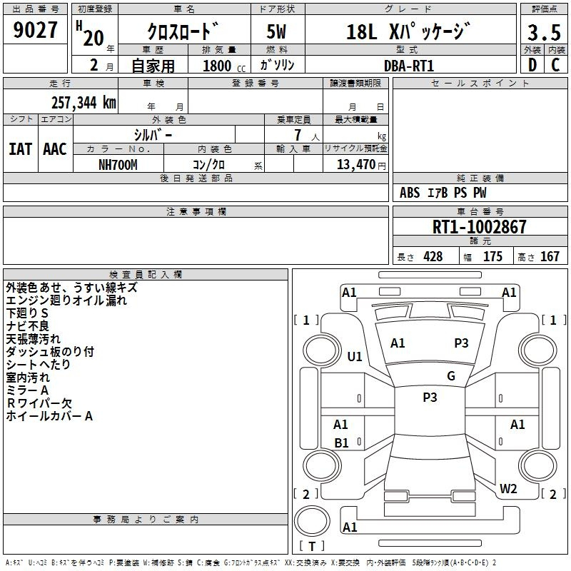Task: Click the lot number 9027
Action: [35, 30]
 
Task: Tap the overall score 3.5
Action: [544, 32]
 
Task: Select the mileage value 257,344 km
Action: [84, 103]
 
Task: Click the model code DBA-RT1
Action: [409, 66]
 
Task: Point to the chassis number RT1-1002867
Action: [479, 227]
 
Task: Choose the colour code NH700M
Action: [118, 165]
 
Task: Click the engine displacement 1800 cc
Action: [224, 66]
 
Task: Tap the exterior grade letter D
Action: [532, 65]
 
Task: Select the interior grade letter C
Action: [555, 65]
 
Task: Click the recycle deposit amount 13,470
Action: [356, 165]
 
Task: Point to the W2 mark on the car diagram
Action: [508, 488]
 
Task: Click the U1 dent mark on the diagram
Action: [355, 356]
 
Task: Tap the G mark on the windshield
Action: [451, 375]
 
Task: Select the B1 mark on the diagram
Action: [341, 443]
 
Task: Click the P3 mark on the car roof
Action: [430, 397]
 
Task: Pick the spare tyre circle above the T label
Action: [312, 521]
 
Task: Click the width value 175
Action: [492, 256]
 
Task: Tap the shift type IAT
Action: [20, 149]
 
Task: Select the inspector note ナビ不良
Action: [27, 326]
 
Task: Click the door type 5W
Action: [276, 31]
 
